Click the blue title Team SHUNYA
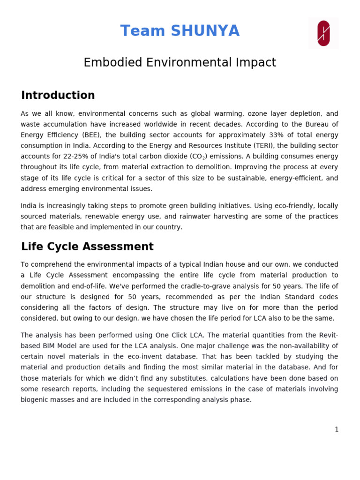180,31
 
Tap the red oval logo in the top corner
323,33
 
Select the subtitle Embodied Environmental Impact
180,62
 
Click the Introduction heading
58,96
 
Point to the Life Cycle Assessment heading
87,247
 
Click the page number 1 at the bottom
336,429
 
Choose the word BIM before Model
51,346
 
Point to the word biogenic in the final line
35,400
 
